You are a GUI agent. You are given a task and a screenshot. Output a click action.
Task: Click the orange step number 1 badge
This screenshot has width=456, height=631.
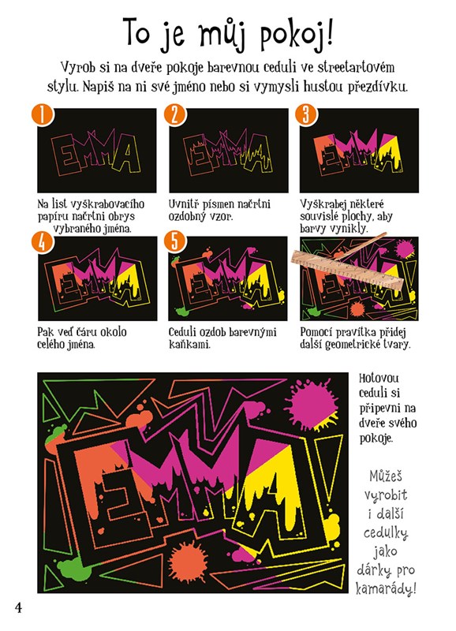pyautogui.click(x=43, y=115)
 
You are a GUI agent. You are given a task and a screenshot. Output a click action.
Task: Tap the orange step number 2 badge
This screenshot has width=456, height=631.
pyautogui.click(x=174, y=115)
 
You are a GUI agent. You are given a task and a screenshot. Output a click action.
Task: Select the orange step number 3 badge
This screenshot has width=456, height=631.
pyautogui.click(x=306, y=115)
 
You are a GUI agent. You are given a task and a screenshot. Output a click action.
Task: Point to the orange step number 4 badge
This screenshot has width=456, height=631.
pyautogui.click(x=43, y=242)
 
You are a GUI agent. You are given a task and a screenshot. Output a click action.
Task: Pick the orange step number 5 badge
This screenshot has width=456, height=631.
pyautogui.click(x=174, y=242)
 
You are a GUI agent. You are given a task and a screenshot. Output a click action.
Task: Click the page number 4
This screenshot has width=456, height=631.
pyautogui.click(x=18, y=607)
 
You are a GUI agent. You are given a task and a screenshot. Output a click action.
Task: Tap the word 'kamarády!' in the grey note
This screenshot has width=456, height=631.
pyautogui.click(x=386, y=588)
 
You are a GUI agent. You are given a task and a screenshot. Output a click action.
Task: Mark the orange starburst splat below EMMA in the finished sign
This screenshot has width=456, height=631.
pyautogui.click(x=188, y=562)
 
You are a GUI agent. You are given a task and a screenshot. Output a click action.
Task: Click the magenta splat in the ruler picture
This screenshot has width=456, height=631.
pyautogui.click(x=404, y=249)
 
